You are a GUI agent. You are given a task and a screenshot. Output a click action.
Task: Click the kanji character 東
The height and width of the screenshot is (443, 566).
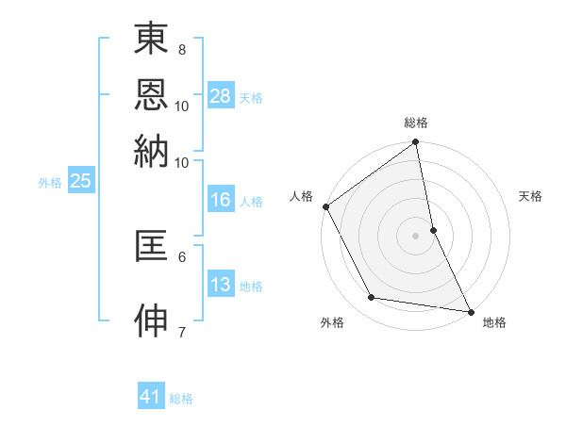(x=151, y=40)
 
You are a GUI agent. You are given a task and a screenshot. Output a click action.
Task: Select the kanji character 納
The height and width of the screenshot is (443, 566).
(x=151, y=151)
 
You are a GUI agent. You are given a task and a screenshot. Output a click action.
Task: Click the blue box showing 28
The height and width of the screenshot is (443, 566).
(x=221, y=96)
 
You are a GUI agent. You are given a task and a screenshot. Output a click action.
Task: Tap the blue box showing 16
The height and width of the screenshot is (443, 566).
(x=221, y=200)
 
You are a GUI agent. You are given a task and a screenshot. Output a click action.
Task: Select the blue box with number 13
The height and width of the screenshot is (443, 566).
(x=221, y=285)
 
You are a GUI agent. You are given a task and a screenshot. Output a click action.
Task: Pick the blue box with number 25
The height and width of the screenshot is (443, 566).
(x=80, y=182)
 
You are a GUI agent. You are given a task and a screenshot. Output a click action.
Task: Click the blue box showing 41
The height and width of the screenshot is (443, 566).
(x=151, y=397)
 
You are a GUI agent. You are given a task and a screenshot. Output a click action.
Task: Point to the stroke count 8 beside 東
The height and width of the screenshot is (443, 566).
(x=181, y=49)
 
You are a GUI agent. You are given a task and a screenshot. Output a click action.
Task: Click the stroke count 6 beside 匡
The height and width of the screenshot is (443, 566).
(x=181, y=255)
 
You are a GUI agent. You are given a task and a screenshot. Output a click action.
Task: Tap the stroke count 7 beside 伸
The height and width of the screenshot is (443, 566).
(x=181, y=331)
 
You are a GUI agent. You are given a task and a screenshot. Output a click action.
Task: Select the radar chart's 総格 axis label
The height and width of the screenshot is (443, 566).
(x=416, y=123)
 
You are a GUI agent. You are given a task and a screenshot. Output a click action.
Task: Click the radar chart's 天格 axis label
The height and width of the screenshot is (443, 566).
(x=530, y=196)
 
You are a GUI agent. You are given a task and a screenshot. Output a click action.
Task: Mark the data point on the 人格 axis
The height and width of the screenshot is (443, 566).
(x=325, y=206)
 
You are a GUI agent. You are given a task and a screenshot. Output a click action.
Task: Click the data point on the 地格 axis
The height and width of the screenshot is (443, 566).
(x=471, y=311)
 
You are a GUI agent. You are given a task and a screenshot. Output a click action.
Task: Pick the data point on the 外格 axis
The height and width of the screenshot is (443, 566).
(x=372, y=298)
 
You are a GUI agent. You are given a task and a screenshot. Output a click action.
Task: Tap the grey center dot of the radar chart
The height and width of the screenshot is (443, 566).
(x=416, y=236)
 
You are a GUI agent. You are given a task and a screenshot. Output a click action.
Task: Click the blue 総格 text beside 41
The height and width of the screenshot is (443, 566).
(x=181, y=399)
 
